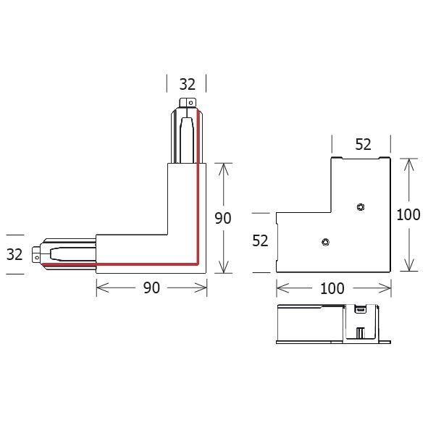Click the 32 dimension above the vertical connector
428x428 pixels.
click(187, 84)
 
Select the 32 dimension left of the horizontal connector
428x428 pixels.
click(15, 254)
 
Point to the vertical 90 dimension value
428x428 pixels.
click(223, 218)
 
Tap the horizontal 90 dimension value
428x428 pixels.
click(151, 288)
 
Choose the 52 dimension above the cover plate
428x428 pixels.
click(364, 144)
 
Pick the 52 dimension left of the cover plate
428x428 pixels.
click(261, 241)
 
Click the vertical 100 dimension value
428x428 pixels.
click(410, 214)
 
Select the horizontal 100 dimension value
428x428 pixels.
click(332, 288)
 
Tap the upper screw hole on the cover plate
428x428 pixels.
click(361, 208)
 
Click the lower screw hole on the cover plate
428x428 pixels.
click(325, 242)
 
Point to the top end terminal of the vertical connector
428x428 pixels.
click(187, 104)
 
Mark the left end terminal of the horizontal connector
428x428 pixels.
click(36, 254)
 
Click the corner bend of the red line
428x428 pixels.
click(197, 264)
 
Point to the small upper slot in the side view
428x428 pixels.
click(358, 311)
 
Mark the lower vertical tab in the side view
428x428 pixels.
click(360, 334)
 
